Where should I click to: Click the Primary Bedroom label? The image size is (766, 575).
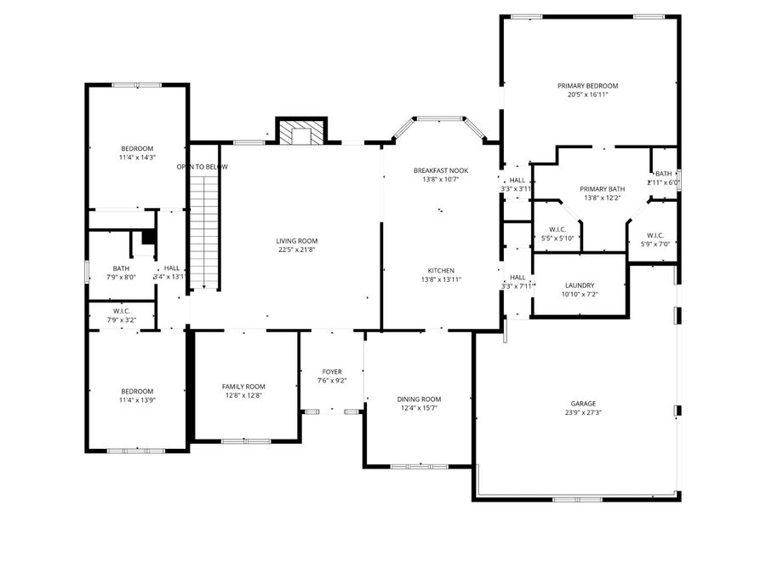pos(587,86)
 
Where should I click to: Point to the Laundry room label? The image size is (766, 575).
pos(579,285)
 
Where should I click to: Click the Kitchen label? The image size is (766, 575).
pos(441,271)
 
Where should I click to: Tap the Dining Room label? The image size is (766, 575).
pos(419,400)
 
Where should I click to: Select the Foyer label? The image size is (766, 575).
pos(332,372)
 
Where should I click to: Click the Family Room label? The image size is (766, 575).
pos(243,387)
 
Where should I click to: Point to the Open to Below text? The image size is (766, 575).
pos(203,167)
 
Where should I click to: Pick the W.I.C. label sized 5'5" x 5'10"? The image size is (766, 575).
pos(558,229)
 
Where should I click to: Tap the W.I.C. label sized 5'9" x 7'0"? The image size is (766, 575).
pos(655,235)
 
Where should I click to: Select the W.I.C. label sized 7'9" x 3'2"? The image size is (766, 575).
pos(121,311)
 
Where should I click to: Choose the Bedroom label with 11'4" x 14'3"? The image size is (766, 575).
pos(137,148)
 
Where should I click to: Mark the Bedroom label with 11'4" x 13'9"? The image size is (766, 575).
pos(137,391)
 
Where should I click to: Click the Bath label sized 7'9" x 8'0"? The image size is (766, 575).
pos(120,268)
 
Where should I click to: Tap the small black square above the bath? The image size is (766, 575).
pos(148,239)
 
